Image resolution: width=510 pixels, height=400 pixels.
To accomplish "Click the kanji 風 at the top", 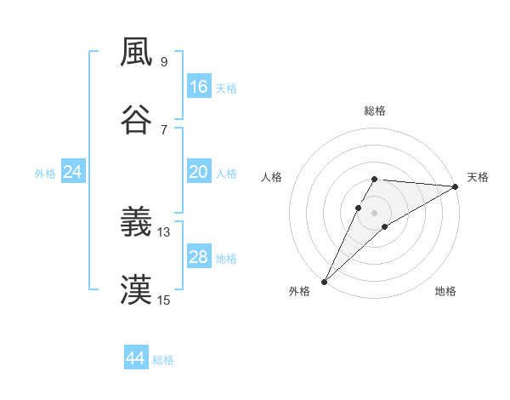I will pyautogui.click(x=137, y=53).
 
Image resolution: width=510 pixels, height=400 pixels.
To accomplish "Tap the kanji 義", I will pyautogui.click(x=137, y=223).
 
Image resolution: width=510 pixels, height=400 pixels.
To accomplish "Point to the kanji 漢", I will pyautogui.click(x=137, y=289).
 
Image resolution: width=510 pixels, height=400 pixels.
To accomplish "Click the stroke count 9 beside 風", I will pyautogui.click(x=163, y=61).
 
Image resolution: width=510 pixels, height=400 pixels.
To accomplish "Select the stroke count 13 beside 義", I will pyautogui.click(x=164, y=231).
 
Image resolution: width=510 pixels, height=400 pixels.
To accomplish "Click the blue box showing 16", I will pyautogui.click(x=199, y=87).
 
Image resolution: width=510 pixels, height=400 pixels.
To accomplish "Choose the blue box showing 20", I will pyautogui.click(x=199, y=172).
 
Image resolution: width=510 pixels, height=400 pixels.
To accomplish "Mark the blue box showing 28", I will pyautogui.click(x=199, y=257).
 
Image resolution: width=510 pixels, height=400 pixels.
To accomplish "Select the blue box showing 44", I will pyautogui.click(x=136, y=358).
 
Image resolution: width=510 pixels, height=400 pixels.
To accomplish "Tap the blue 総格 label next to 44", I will pyautogui.click(x=164, y=360).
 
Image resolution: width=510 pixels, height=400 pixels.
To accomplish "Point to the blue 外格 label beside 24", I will pyautogui.click(x=45, y=174).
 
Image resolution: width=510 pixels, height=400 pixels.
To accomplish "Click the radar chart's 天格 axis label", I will pyautogui.click(x=479, y=177).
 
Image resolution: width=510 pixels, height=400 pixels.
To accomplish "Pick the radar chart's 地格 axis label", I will pyautogui.click(x=445, y=291).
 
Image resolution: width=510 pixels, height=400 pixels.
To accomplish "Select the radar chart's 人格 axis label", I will pyautogui.click(x=271, y=177).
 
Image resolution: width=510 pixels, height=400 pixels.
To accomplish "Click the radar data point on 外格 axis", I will pyautogui.click(x=324, y=282).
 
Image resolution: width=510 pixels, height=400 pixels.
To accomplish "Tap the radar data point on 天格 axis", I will pyautogui.click(x=456, y=186).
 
